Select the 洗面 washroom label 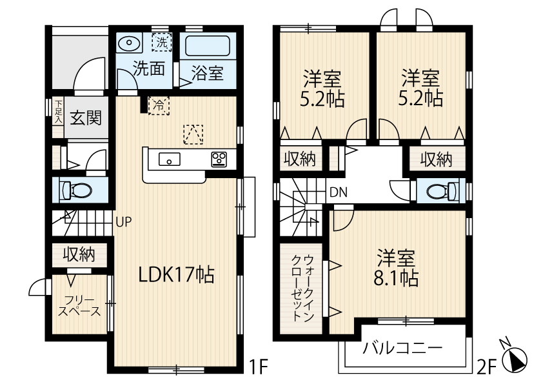coord(148,69)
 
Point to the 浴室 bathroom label coord(207,73)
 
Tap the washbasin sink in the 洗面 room coord(130,44)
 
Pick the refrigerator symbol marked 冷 coord(158,105)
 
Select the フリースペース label coord(79,306)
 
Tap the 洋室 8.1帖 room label coord(397,268)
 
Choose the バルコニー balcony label coord(402,349)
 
